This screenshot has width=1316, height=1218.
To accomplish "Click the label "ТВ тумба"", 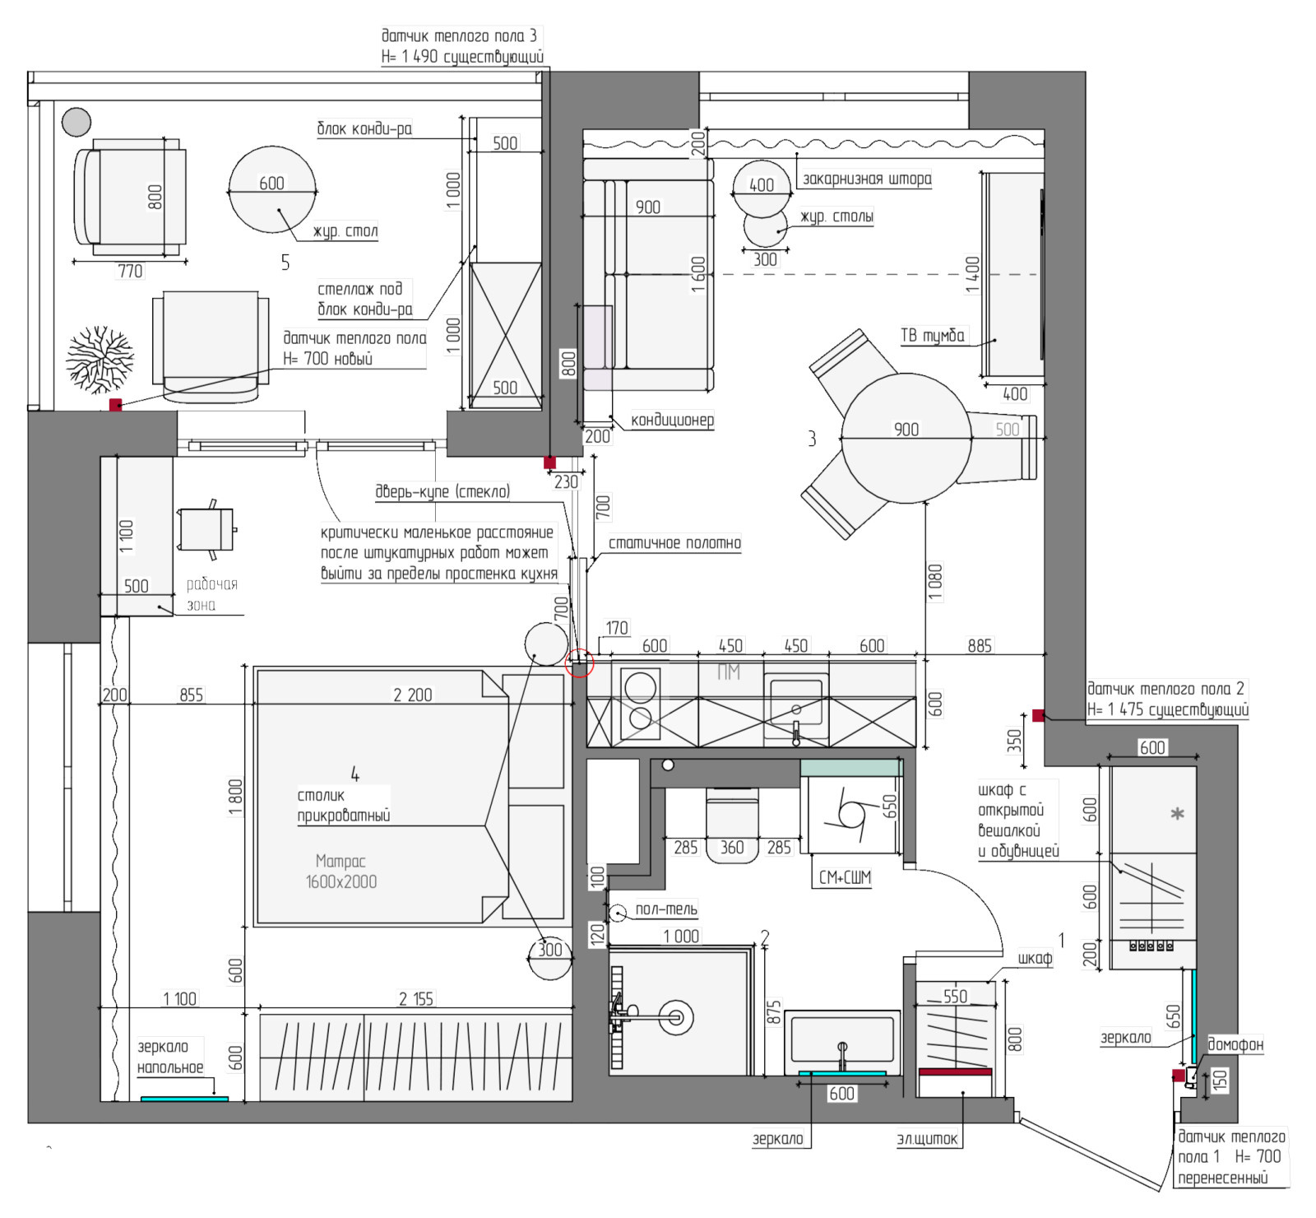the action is (933, 335).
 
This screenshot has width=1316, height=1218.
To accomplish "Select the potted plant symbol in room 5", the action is (100, 359).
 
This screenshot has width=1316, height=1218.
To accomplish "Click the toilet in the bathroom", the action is (732, 825).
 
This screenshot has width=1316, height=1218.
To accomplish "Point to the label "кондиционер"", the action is (672, 420).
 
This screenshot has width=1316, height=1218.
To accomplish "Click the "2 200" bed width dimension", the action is (412, 695).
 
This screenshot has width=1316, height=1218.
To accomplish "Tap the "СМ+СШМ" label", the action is (845, 877).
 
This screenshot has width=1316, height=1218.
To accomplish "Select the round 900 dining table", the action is (906, 438).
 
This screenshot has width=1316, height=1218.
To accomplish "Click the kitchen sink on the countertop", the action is (795, 700).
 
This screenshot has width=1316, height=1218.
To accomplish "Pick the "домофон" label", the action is (1235, 1044).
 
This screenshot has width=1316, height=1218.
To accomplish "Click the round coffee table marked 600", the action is (271, 189).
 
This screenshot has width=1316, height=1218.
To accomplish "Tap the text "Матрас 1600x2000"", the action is (341, 872).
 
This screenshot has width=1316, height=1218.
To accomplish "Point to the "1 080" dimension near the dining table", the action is (935, 583).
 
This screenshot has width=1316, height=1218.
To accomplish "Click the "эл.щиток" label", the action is (927, 1139).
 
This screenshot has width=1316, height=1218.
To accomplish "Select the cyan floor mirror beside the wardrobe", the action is (184, 1099).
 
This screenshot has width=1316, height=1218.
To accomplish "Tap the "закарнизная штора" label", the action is (867, 179).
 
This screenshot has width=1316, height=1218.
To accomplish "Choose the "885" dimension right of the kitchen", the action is (979, 646).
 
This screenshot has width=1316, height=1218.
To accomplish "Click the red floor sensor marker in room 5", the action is (116, 405).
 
